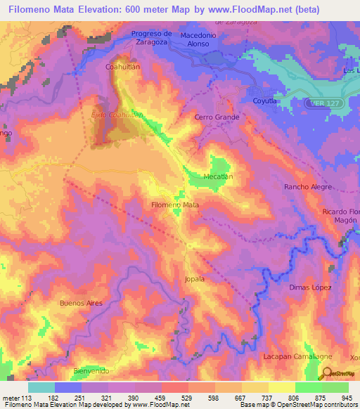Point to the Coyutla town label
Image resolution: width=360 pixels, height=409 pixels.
pyautogui.click(x=266, y=101)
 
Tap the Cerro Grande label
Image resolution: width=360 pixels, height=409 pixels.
pyautogui.click(x=217, y=117)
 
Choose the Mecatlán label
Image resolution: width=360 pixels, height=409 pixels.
pyautogui.click(x=218, y=176)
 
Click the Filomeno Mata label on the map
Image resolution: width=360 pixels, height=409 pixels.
pyautogui.click(x=175, y=204)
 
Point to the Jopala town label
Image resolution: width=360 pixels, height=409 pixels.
pyautogui.click(x=194, y=279)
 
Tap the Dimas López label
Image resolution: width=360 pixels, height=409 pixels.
pyautogui.click(x=310, y=287)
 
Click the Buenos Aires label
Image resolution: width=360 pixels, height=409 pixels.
pyautogui.click(x=81, y=303)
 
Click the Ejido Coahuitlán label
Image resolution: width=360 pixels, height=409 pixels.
pyautogui.click(x=112, y=113)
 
